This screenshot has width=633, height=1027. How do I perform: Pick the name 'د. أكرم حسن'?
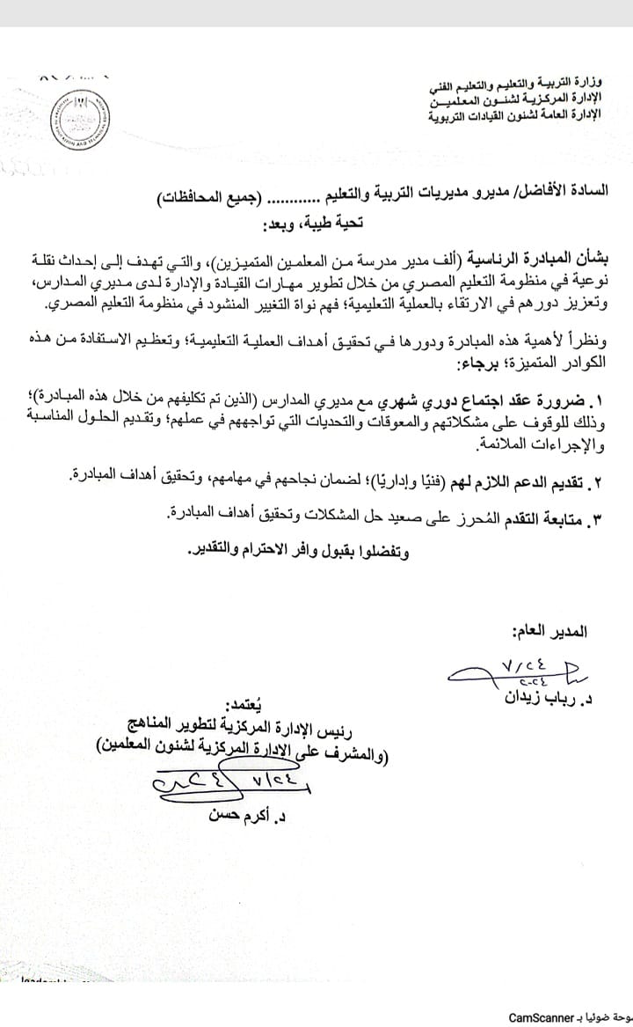[244, 816]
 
